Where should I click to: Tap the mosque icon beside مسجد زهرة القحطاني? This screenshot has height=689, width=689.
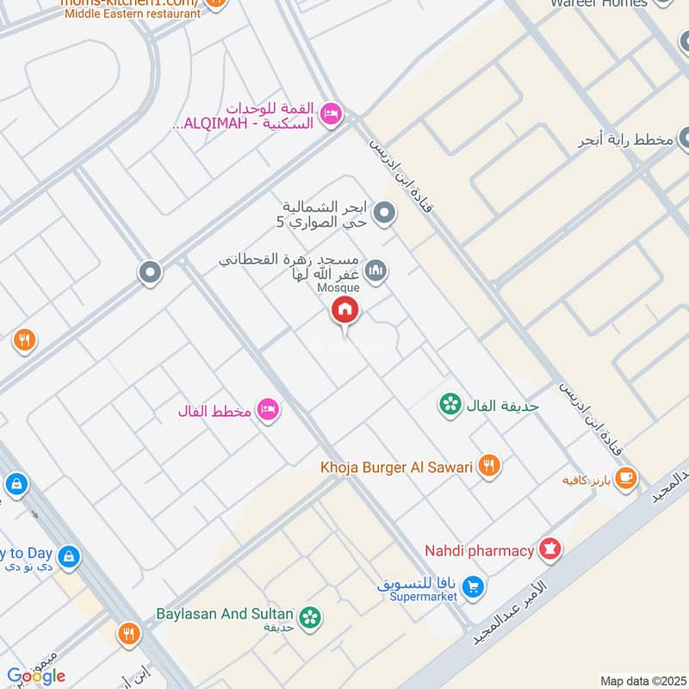click(x=376, y=273)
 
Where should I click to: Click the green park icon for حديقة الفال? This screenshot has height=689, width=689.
click(x=449, y=404)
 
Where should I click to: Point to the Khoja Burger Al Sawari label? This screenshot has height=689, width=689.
click(x=397, y=467)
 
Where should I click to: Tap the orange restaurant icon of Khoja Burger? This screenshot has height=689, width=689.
click(x=489, y=466)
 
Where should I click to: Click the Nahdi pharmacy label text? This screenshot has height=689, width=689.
click(x=479, y=549)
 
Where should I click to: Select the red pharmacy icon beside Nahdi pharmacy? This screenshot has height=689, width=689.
click(x=549, y=549)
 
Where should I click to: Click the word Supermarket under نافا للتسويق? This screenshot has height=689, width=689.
click(x=422, y=597)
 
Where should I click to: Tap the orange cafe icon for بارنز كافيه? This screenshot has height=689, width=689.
click(x=627, y=478)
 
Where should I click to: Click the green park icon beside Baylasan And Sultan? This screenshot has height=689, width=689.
click(x=309, y=617)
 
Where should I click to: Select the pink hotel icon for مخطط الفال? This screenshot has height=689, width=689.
click(x=269, y=411)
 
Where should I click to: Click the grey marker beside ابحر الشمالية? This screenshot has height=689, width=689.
click(x=386, y=212)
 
